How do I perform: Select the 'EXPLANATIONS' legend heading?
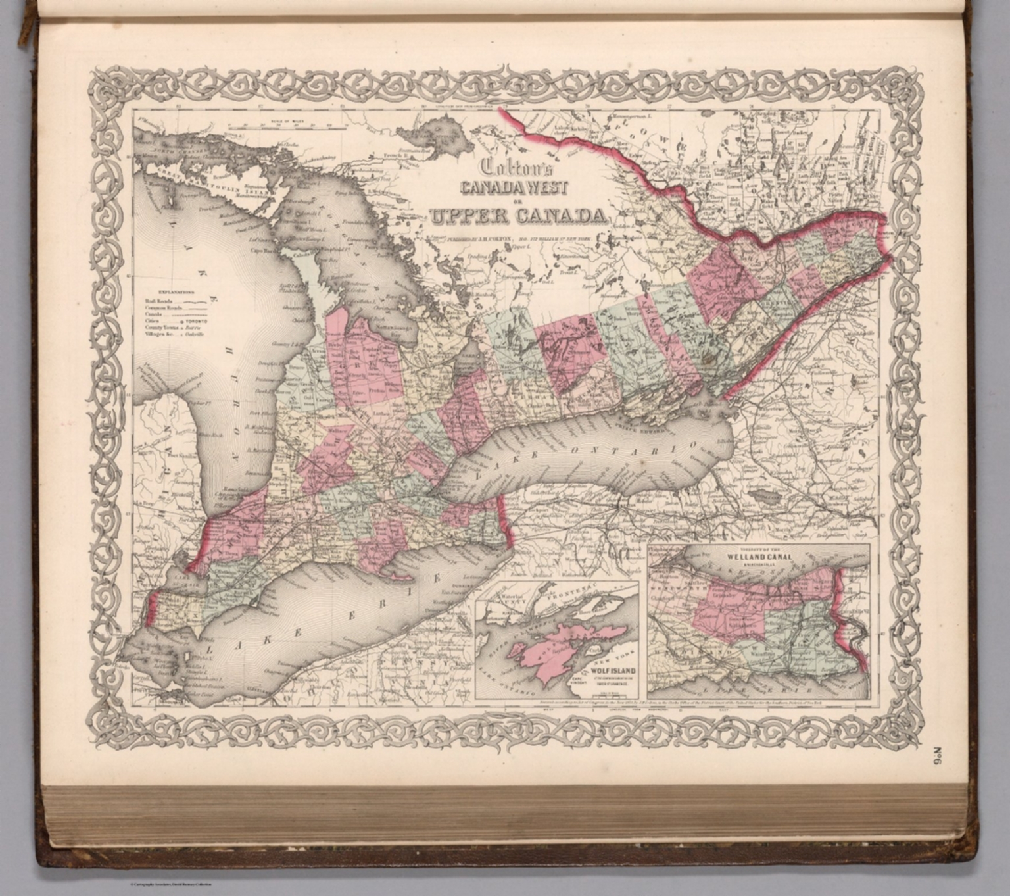point(174,290)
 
